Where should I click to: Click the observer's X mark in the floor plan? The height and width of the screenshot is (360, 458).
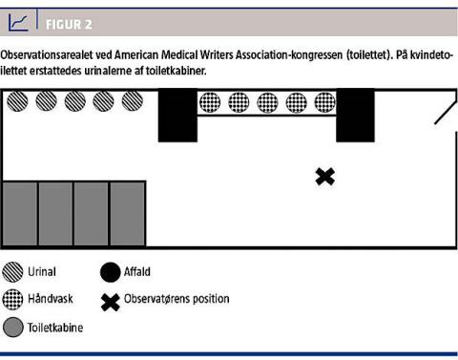(x=325, y=177)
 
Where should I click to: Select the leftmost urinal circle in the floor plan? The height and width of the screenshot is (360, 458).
(x=17, y=101)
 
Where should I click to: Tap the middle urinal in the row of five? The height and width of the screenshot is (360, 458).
(x=75, y=101)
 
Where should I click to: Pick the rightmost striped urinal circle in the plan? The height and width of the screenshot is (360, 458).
(x=133, y=101)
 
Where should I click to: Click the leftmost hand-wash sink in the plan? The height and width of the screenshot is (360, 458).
(x=210, y=102)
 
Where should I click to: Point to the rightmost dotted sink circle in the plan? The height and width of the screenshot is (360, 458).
(x=325, y=102)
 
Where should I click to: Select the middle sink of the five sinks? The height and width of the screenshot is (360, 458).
(x=267, y=102)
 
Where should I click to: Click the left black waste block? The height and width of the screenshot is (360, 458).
(x=177, y=116)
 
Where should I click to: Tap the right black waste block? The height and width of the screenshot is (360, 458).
(x=355, y=116)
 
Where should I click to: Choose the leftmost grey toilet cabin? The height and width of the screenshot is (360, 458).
(x=20, y=214)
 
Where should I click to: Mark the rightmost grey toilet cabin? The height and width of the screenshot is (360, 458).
(x=128, y=214)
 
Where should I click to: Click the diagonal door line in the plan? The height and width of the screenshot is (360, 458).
(x=446, y=112)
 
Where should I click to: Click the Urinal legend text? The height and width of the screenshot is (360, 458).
(x=42, y=272)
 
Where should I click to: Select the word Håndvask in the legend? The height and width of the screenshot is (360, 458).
(x=51, y=299)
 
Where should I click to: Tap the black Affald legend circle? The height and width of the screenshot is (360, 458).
(x=110, y=272)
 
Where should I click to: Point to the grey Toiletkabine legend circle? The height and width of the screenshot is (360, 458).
(x=13, y=327)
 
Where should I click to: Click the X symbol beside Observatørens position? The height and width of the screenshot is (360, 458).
(x=111, y=302)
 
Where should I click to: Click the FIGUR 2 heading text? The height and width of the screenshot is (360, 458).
(x=69, y=25)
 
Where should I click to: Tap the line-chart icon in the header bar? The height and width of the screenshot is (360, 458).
(x=18, y=22)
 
